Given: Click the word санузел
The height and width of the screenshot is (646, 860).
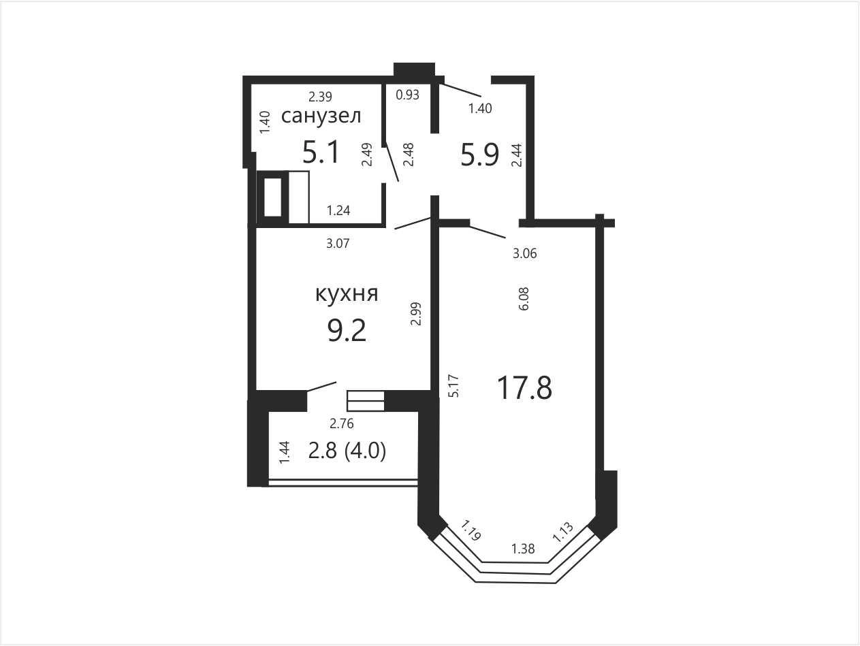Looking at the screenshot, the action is point(321,116).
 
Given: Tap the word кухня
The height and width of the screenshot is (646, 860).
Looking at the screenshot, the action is point(347,293).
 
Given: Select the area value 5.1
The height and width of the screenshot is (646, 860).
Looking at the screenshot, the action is point(321,152).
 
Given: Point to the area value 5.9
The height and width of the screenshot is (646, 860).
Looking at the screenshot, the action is point(479,155).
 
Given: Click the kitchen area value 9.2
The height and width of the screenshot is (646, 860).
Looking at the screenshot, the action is point(347,330).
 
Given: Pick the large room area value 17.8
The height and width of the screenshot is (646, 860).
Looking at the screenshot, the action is point(524,387).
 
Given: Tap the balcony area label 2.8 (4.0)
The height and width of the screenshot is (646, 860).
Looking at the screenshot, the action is point(347,451).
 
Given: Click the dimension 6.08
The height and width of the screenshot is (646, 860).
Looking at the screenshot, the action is point(524,299).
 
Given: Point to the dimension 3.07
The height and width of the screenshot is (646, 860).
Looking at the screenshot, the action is point(338,244).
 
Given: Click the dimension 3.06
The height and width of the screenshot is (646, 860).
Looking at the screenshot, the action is point(524,253).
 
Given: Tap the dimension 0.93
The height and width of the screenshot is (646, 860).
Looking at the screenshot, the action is point(407,95).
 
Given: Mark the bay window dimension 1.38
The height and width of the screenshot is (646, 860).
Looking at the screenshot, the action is point(523,549).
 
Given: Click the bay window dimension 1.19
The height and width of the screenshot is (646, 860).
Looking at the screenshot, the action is point(471,530).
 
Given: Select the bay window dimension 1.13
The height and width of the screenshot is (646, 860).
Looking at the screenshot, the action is point(563,532).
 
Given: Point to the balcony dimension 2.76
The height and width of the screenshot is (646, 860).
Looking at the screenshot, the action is point(342,423).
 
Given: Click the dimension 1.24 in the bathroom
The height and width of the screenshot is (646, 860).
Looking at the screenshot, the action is point(338,210).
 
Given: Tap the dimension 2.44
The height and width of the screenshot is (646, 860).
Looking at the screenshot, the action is point(517,155).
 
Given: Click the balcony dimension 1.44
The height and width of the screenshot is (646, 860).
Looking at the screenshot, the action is point(285,453).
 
